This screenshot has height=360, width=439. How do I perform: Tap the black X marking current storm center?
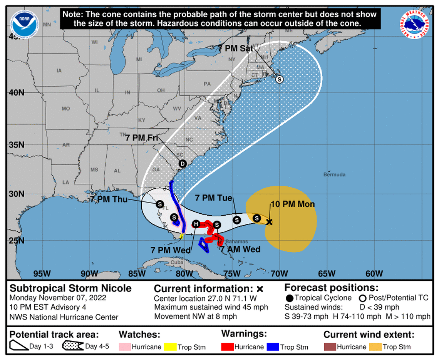pyautogui.click(x=270, y=222)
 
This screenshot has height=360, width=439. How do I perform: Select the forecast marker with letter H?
pyautogui.click(x=196, y=224)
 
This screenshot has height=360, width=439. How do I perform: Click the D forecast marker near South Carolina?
pyautogui.click(x=183, y=164)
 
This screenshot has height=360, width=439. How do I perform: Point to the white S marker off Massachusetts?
pyautogui.click(x=280, y=79)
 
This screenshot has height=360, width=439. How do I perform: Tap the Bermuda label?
pyautogui.click(x=334, y=174)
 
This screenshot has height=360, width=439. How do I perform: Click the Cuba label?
pyautogui.click(x=177, y=263)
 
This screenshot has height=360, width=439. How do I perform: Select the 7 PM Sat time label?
pyautogui.click(x=235, y=49)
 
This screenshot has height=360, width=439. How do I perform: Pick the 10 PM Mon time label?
pyautogui.click(x=293, y=204)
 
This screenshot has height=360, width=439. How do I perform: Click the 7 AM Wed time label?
pyautogui.click(x=241, y=249)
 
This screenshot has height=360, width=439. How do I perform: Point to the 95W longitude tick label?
pyautogui.click(x=42, y=274)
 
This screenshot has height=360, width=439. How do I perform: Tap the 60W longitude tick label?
pyautogui.click(x=374, y=274)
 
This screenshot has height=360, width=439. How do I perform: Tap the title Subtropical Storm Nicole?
pyautogui.click(x=70, y=288)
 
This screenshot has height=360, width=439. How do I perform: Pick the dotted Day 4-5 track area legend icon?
pyautogui.click(x=73, y=346)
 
